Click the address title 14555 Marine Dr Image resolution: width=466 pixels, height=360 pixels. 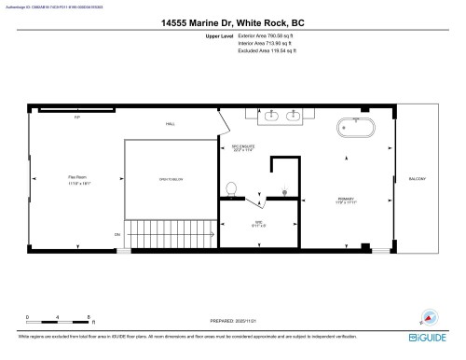(x=232, y=22)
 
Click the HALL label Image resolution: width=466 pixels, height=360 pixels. (x=171, y=123)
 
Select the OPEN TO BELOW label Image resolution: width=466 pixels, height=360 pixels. (x=170, y=179)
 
